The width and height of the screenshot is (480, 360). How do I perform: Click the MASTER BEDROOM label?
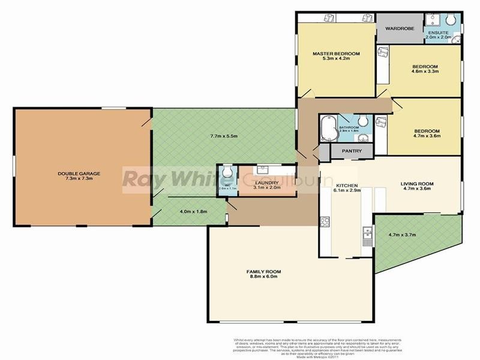(x=336, y=54)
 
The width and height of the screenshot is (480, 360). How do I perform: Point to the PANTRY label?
(x=352, y=151)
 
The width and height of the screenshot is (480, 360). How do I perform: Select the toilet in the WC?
(x=226, y=174)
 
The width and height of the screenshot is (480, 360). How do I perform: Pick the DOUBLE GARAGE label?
(x=79, y=174)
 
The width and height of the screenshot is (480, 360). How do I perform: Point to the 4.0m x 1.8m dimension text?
(x=193, y=211)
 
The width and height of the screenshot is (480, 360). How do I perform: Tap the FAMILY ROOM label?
(x=264, y=272)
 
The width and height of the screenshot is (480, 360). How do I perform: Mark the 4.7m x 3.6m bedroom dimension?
(x=427, y=136)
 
